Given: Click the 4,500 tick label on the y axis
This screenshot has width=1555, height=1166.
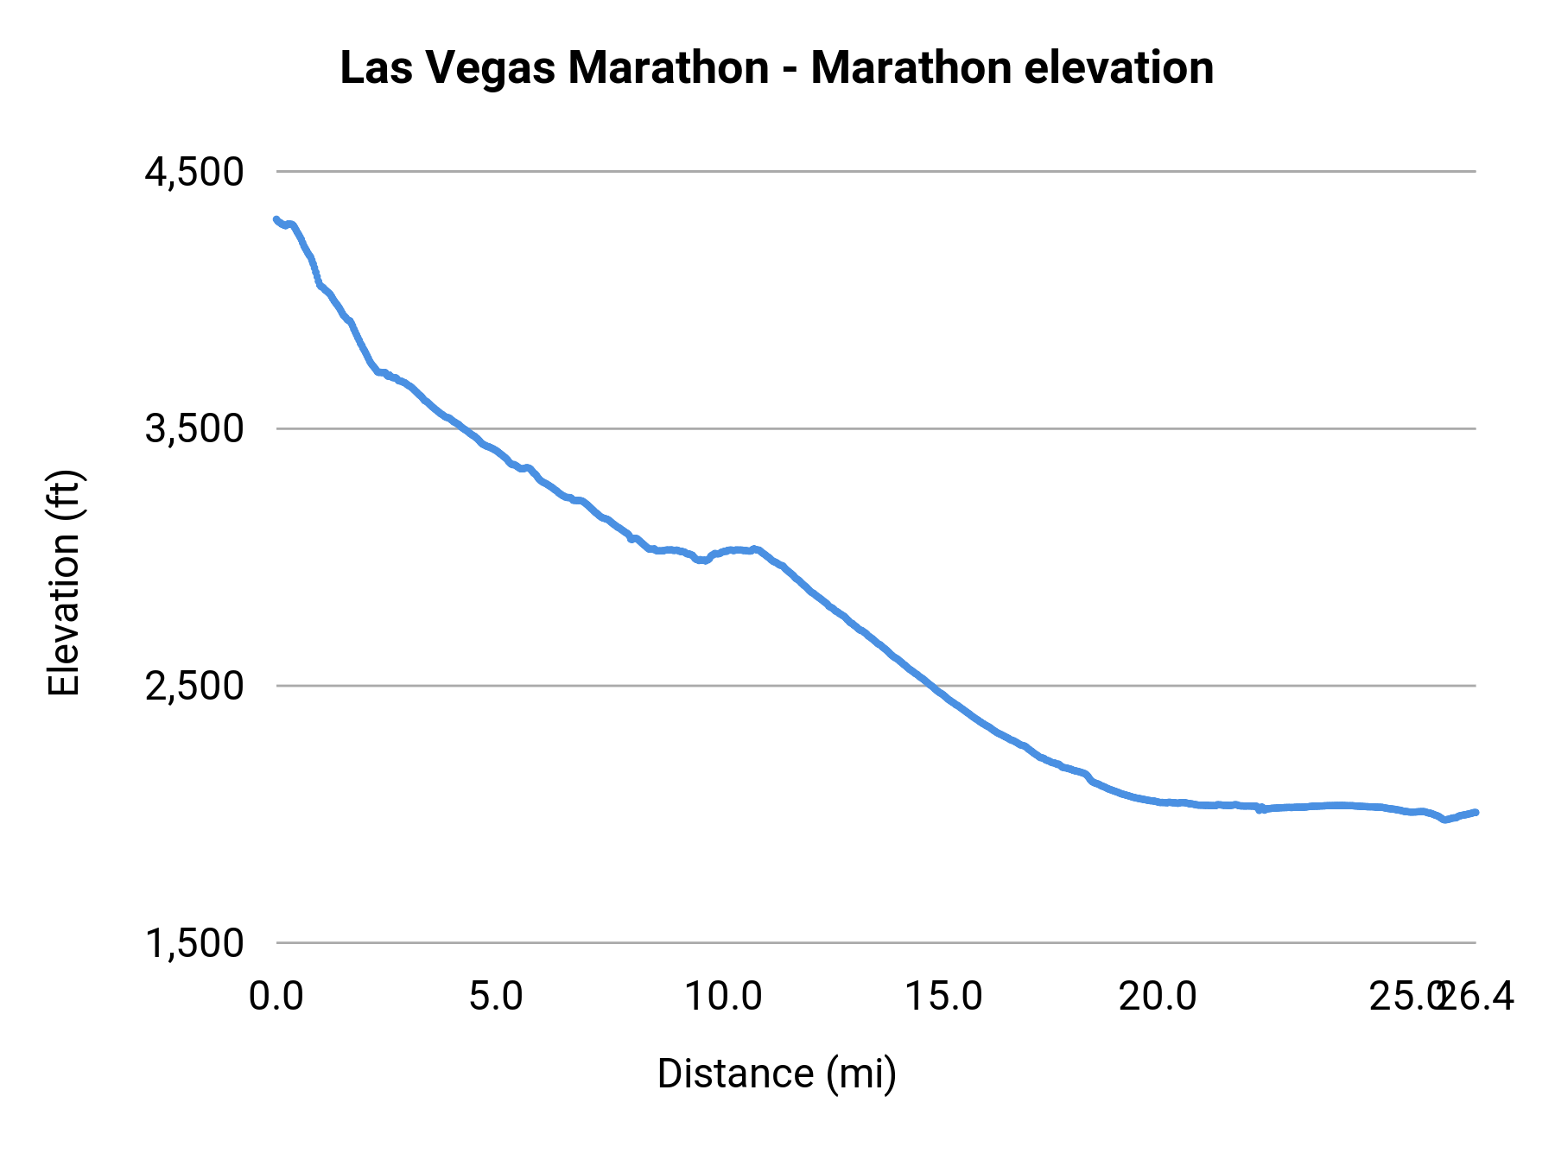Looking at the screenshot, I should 194,172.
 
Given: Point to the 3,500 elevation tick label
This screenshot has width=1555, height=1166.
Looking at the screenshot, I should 194,428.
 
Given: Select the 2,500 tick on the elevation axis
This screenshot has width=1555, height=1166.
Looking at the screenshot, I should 194,686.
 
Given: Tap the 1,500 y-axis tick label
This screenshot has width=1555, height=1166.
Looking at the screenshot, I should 194,942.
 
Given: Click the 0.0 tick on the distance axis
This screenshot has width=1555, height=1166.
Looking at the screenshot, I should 276,997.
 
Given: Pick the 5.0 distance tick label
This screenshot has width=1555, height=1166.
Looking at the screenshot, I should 496,997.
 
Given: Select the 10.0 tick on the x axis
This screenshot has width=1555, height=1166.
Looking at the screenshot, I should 723,997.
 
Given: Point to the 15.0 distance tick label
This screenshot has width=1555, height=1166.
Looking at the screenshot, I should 943,997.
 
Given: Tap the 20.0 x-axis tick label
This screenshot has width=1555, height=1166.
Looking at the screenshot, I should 1158,997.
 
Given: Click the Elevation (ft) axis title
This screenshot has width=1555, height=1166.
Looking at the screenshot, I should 64,584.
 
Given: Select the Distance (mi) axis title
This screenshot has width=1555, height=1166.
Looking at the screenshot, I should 777,1074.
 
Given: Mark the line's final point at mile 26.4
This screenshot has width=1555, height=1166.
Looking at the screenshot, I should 1476,812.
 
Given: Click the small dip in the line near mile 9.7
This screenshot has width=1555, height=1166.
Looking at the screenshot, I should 703,561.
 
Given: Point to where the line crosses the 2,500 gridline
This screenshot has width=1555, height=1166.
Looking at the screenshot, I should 927,685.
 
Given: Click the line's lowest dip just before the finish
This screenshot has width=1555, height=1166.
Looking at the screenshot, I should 1444,820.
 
